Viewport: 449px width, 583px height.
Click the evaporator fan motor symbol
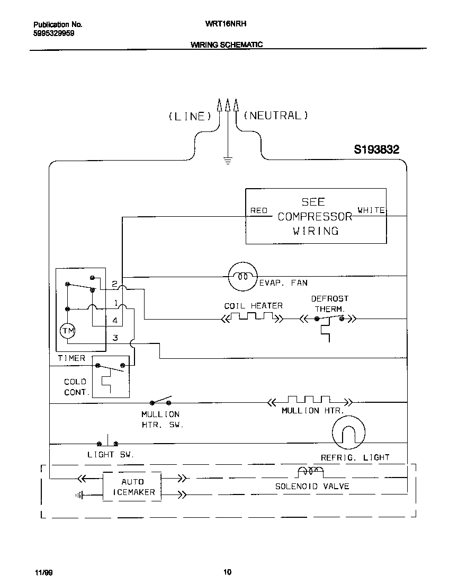click(243, 277)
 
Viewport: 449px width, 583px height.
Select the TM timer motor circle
click(68, 331)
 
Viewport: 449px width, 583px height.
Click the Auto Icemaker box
click(132, 487)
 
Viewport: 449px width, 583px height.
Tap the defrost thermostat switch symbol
click(329, 320)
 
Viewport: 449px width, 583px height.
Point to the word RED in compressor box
click(259, 210)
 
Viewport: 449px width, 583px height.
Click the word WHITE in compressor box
click(371, 210)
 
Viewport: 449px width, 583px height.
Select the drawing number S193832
click(376, 150)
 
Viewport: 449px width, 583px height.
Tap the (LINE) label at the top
click(190, 116)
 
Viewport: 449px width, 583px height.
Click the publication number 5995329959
click(54, 33)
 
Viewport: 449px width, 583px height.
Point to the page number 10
click(227, 572)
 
